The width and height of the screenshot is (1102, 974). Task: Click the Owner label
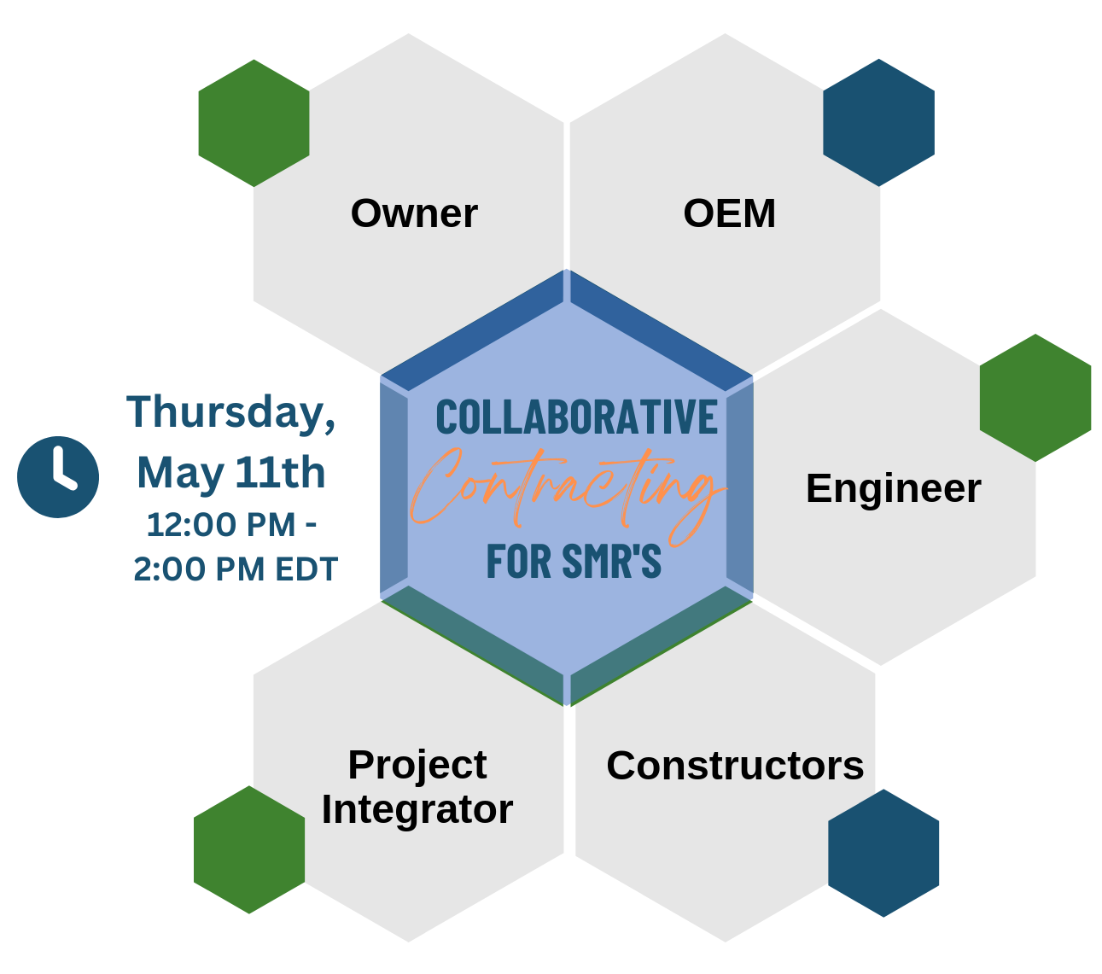[414, 213]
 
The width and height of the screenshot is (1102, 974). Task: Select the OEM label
[729, 213]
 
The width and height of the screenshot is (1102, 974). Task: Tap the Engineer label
[893, 488]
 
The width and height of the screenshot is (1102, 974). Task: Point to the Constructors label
[735, 766]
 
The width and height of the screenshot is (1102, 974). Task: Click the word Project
[417, 765]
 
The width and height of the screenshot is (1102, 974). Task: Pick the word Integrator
[417, 809]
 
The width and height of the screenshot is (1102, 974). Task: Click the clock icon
[58, 477]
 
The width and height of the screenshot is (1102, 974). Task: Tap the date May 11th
[230, 472]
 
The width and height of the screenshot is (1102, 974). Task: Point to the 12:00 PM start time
[220, 525]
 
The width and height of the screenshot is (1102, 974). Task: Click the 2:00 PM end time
[187, 569]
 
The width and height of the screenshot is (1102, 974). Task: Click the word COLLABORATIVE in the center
[576, 417]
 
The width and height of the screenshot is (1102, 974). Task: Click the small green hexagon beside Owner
[254, 123]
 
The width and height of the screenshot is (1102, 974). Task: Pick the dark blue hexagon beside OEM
[878, 122]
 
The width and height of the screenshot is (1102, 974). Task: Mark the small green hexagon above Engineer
[1035, 398]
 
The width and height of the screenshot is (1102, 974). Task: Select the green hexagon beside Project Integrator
[249, 849]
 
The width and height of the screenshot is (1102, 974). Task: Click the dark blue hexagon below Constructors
[883, 853]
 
